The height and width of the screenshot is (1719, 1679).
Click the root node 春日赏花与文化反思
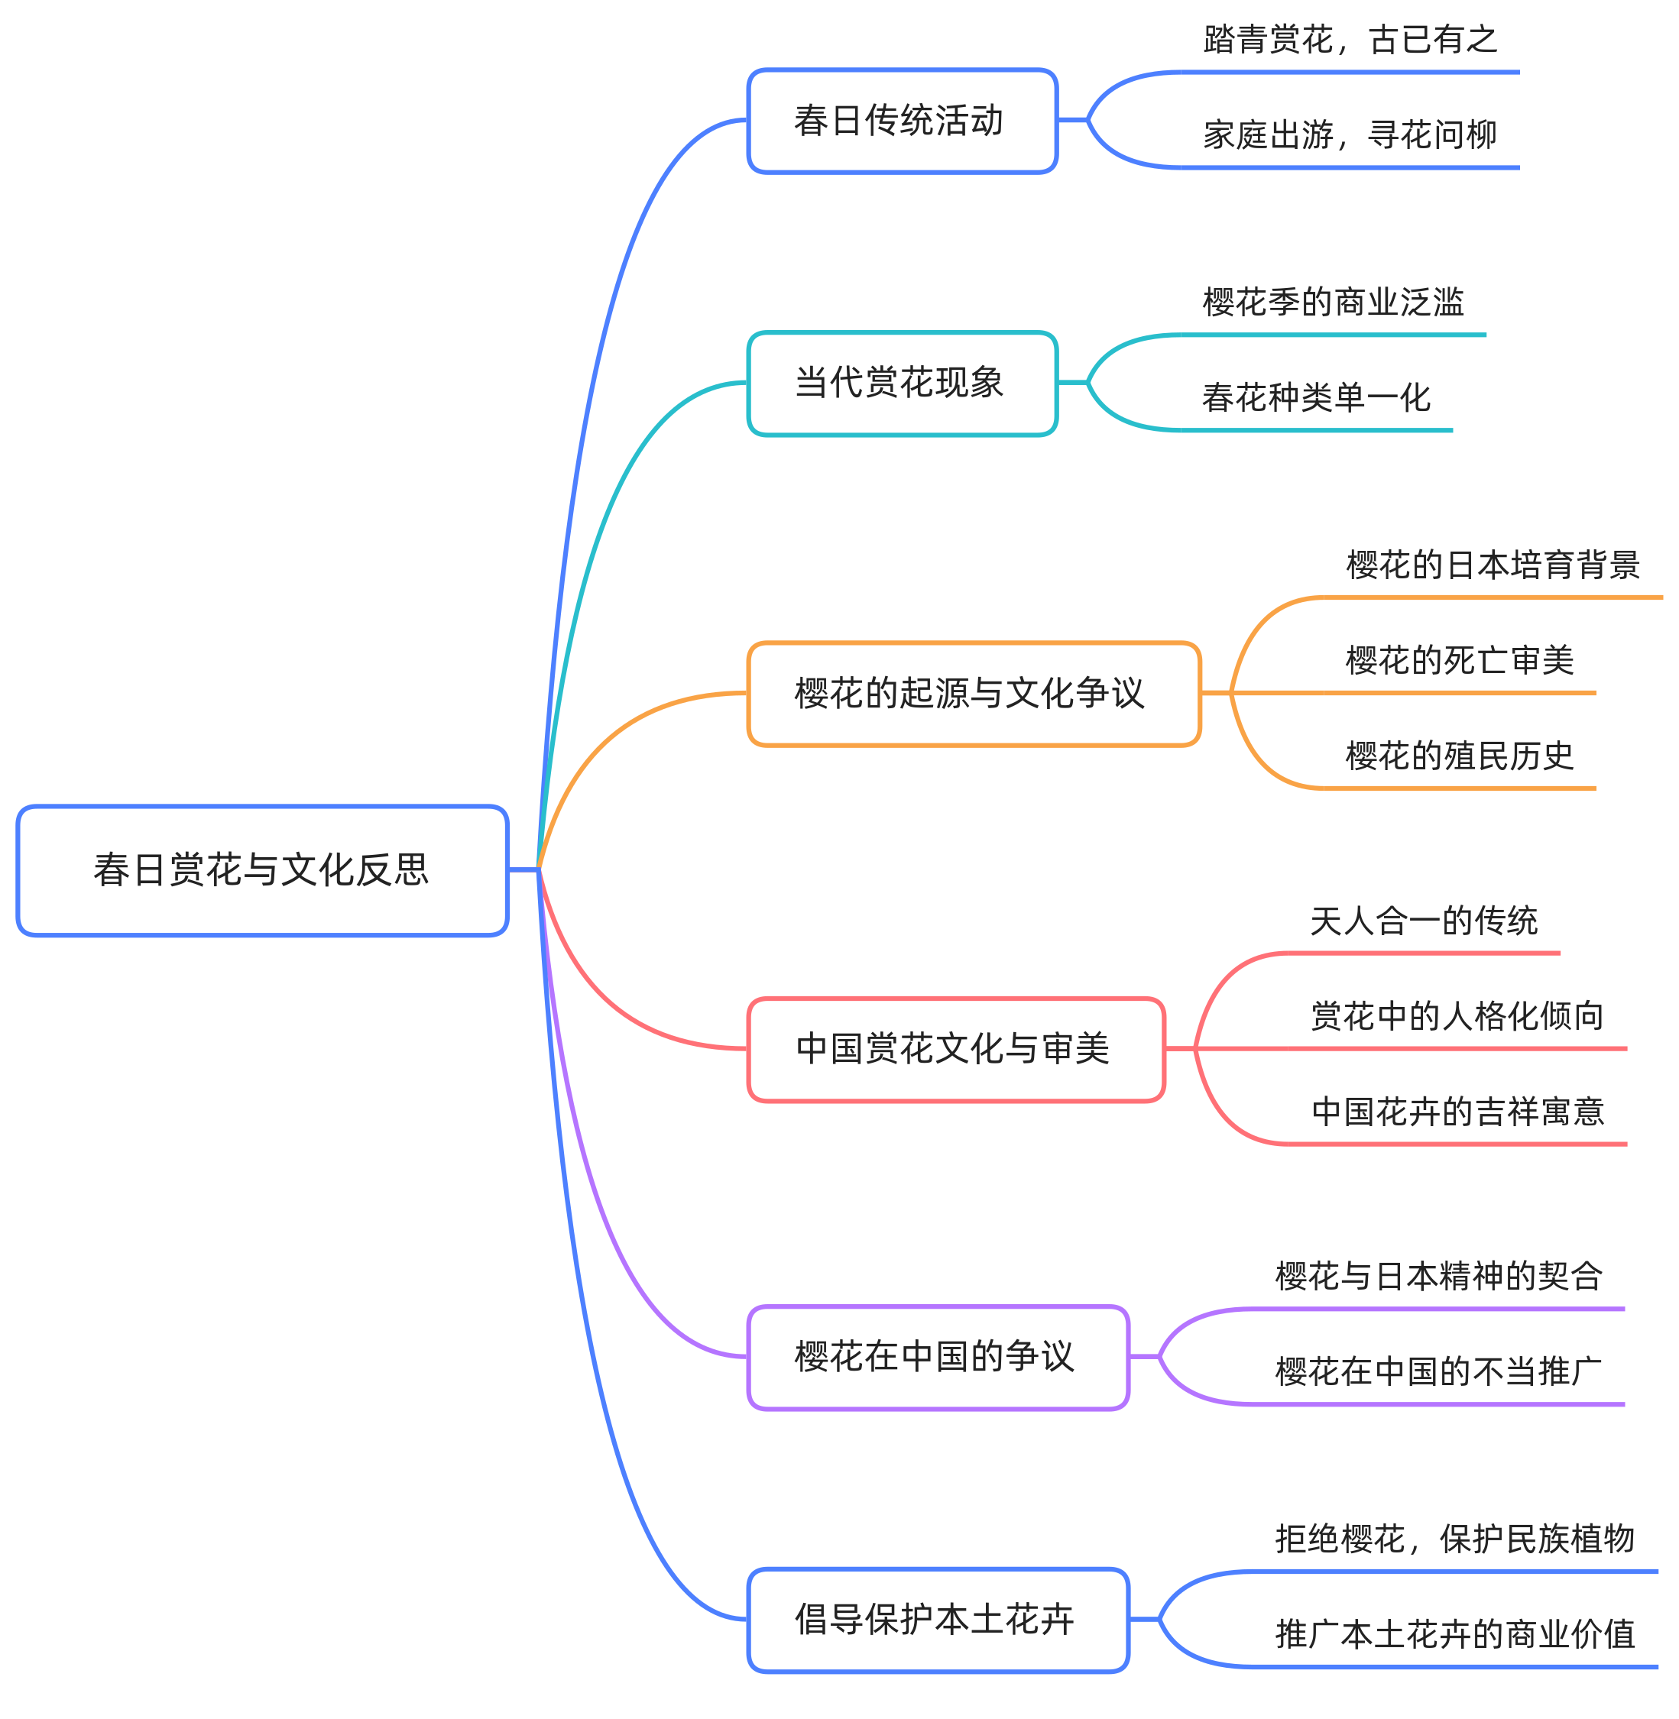[x=262, y=870]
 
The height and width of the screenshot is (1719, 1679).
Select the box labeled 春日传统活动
[x=901, y=121]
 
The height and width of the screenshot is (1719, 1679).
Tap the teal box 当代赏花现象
[x=901, y=383]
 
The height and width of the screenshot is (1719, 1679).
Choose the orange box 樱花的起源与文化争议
[x=973, y=694]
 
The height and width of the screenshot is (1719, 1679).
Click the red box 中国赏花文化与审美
[x=955, y=1049]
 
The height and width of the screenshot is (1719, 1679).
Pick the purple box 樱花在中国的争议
[x=938, y=1357]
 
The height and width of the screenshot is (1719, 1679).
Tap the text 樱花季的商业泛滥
[x=1333, y=303]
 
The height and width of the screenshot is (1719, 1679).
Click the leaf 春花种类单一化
[x=1316, y=397]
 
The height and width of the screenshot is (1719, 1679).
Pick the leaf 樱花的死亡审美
[x=1460, y=660]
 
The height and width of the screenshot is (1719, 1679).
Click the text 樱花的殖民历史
[x=1460, y=756]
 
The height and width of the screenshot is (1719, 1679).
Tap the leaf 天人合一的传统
[x=1423, y=921]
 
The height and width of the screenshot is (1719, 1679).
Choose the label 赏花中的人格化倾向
[x=1456, y=1016]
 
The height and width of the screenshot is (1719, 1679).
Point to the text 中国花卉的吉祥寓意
[x=1456, y=1112]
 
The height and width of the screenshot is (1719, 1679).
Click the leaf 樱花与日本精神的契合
[x=1438, y=1277]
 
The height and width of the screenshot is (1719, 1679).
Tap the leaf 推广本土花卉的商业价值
[x=1454, y=1634]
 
